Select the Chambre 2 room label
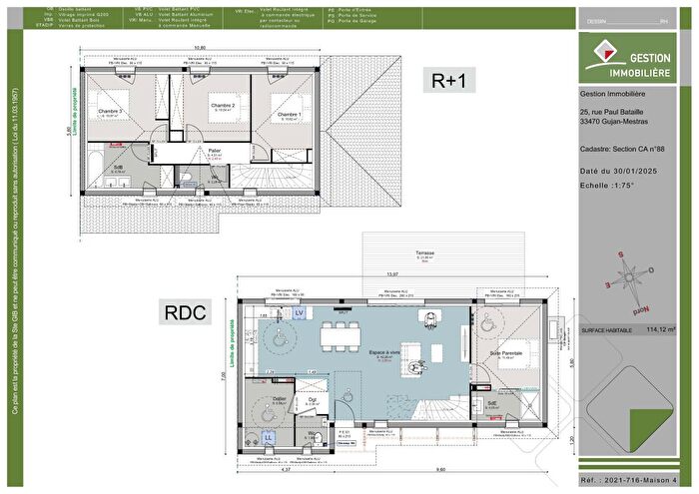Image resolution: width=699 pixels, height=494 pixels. [x=221, y=105]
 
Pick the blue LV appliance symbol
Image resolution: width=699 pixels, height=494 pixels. [x=299, y=313]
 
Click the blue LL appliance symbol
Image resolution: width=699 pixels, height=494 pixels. [x=268, y=437]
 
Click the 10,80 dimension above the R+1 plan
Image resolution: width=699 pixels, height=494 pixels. [x=199, y=47]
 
